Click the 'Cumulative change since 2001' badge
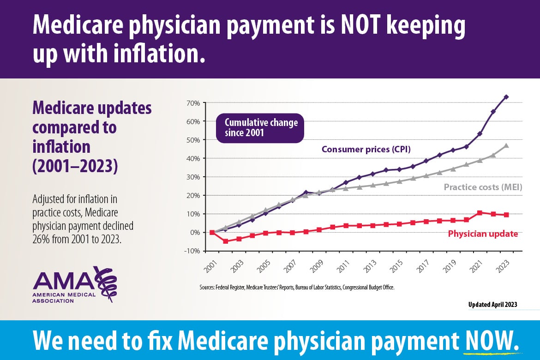point(261,128)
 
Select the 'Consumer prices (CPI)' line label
point(366,149)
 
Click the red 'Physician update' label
point(483,234)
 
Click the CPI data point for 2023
point(506,97)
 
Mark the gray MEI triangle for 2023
point(506,145)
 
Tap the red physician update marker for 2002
point(226,241)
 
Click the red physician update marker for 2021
point(480,213)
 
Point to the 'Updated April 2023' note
point(492,305)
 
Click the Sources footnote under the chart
point(297,287)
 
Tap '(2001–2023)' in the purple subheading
point(75,166)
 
